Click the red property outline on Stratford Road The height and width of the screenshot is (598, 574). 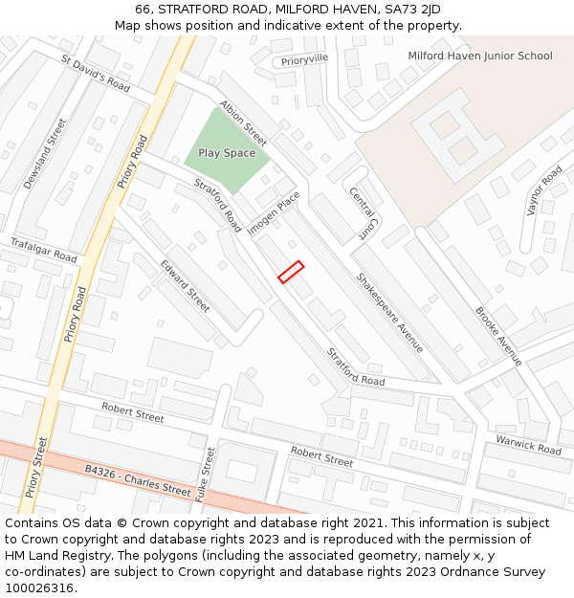coord(291,272)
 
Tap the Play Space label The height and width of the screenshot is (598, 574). coord(227,153)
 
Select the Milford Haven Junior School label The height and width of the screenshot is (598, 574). coord(479,56)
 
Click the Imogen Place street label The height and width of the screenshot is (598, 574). coord(275,213)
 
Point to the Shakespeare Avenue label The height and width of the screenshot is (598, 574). coord(389,313)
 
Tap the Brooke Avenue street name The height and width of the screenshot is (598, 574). coord(499,336)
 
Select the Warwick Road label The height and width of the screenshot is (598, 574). coord(528,444)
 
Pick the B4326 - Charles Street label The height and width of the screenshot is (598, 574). coord(138,480)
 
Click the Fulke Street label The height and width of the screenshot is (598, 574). coord(203,476)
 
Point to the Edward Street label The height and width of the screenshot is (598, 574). coord(186,286)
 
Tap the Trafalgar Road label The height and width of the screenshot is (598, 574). coord(44,251)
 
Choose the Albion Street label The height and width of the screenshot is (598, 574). coord(243,118)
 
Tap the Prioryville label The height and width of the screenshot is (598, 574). coord(304,58)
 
